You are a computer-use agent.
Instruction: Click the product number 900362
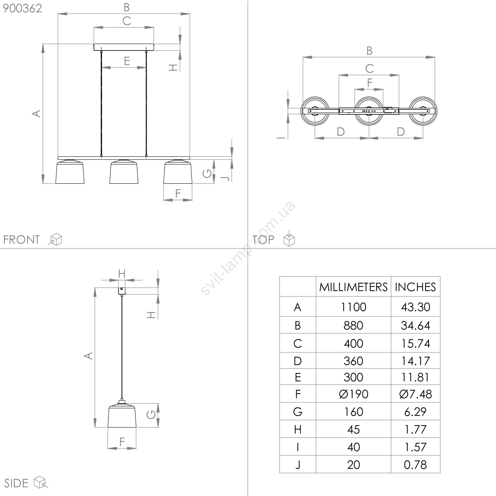coord(22,8)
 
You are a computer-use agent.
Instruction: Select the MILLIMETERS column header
coord(353,287)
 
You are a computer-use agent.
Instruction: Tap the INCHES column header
coord(415,287)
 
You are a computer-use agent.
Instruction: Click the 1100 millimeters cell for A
coord(353,307)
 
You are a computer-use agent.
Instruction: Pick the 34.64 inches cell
coord(415,325)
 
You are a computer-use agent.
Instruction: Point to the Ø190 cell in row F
coord(353,394)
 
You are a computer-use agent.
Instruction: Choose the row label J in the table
coord(298,465)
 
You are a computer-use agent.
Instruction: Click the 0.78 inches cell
coord(415,465)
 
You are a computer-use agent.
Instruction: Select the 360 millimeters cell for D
coord(353,361)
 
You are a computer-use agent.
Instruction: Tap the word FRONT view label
coord(21,240)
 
